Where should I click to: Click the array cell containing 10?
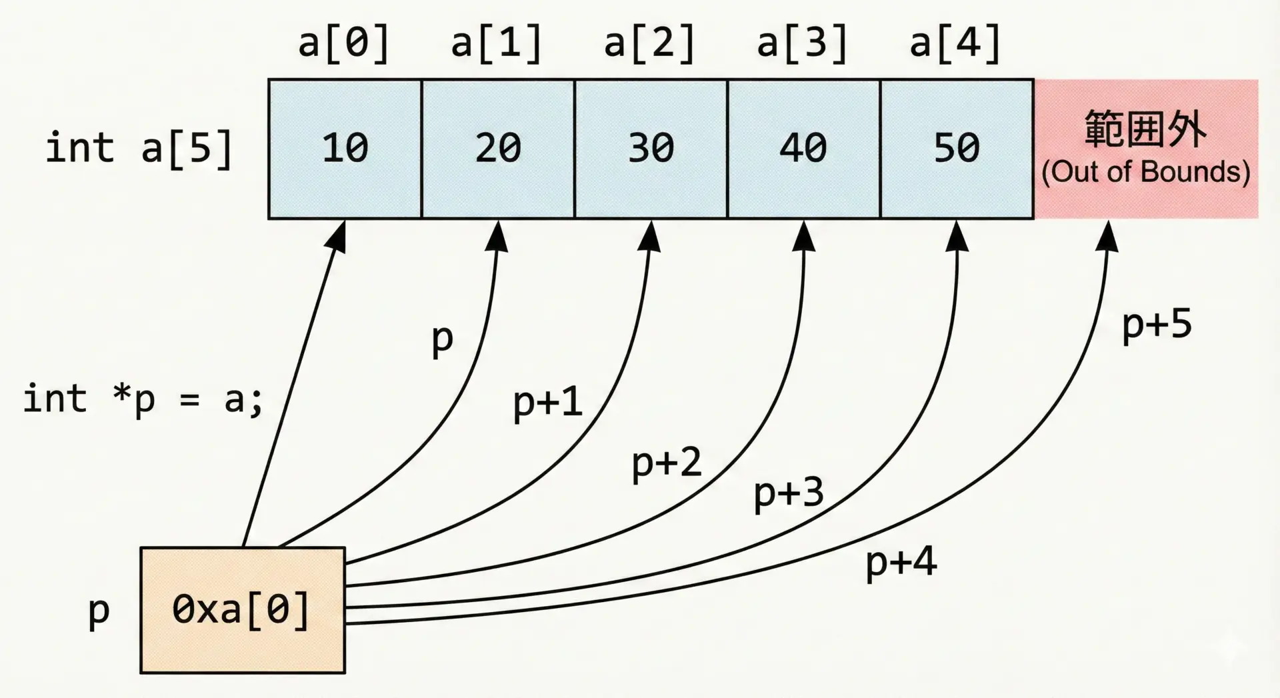click(345, 149)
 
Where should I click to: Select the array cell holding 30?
click(651, 149)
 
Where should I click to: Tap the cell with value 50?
click(957, 149)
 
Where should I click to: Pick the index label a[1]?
click(497, 43)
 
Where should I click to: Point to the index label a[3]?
click(803, 43)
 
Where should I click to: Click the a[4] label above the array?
click(955, 43)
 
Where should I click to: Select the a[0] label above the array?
click(344, 43)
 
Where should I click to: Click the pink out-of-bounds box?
click(1145, 149)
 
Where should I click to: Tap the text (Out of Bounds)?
click(1145, 172)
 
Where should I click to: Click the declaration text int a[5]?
click(139, 148)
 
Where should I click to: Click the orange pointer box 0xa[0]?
click(243, 610)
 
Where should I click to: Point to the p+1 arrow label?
click(547, 402)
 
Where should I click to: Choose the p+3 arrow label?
click(789, 493)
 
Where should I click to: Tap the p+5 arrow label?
click(1157, 325)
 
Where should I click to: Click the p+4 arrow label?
click(901, 562)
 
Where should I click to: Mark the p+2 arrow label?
click(667, 462)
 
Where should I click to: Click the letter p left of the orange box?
click(99, 611)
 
